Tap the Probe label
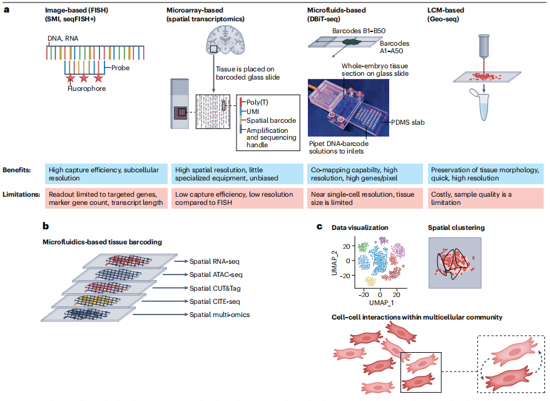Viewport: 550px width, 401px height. [x=121, y=68]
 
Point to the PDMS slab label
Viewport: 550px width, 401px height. [x=407, y=122]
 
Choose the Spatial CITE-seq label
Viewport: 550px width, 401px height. [x=216, y=301]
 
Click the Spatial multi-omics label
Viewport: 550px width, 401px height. [x=220, y=315]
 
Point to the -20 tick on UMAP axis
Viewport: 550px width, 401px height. [x=362, y=294]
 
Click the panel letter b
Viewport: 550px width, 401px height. [x=45, y=225]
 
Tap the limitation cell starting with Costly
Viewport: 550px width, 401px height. [x=486, y=199]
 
